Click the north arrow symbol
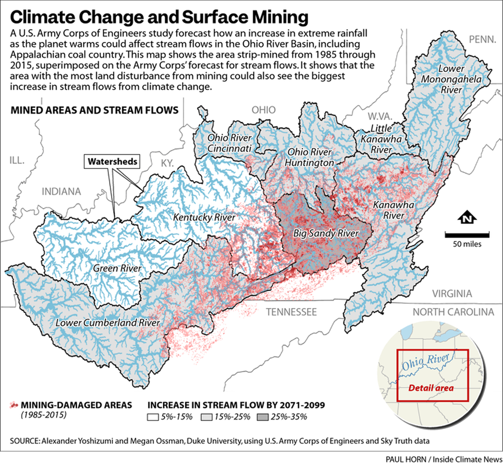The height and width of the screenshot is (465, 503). coord(466,217)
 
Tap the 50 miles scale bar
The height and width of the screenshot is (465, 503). coord(466,233)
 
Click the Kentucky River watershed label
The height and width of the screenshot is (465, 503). coord(204,217)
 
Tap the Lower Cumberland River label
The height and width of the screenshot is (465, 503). coord(107,322)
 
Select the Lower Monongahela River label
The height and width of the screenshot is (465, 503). coord(462,79)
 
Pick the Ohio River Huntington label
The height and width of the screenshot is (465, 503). coord(309,157)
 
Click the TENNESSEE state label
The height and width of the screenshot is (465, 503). coord(291,312)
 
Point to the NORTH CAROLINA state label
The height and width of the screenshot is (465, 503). coord(453,312)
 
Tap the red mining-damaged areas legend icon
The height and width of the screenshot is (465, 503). coord(14,404)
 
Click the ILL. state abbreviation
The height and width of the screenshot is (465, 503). coord(18,159)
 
